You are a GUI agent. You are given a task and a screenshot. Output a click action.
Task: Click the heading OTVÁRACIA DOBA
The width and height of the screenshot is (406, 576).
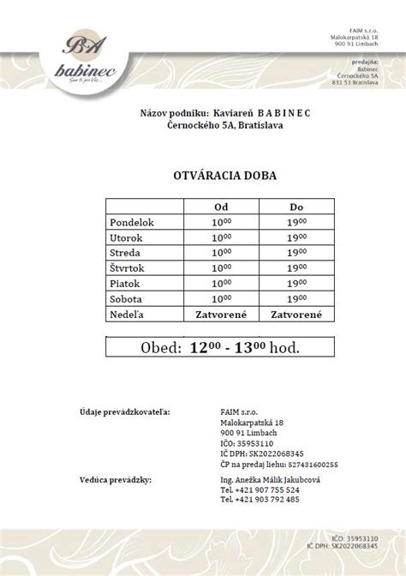pyautogui.click(x=202, y=176)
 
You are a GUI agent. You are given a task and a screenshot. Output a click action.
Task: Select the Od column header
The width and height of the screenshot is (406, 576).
pyautogui.click(x=220, y=207)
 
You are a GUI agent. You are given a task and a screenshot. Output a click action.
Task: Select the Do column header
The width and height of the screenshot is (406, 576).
pyautogui.click(x=296, y=207)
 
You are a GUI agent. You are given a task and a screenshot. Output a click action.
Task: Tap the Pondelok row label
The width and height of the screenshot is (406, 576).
pyautogui.click(x=132, y=222)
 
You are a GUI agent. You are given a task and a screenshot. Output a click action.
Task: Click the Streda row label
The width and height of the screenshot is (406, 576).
pyautogui.click(x=125, y=254)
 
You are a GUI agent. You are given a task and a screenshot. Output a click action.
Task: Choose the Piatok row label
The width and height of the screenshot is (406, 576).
pyautogui.click(x=125, y=285)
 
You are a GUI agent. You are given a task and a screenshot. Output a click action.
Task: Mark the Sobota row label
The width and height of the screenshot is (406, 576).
pyautogui.click(x=126, y=300)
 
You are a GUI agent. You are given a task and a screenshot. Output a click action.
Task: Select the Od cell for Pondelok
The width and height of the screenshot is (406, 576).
pyautogui.click(x=220, y=222)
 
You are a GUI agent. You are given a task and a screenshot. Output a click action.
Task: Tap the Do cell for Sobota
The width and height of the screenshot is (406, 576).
pyautogui.click(x=296, y=300)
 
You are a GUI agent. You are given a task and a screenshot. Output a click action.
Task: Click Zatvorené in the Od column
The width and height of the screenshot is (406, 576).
pyautogui.click(x=220, y=315)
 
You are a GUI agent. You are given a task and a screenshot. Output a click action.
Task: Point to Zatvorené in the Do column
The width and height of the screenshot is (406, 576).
pyautogui.click(x=296, y=315)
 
